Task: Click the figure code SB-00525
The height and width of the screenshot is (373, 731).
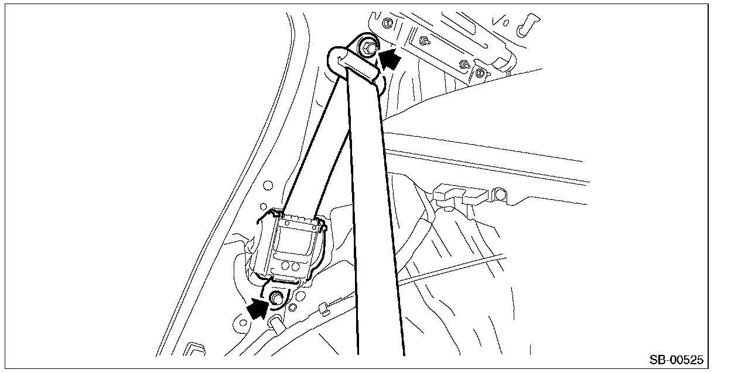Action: pyautogui.click(x=677, y=360)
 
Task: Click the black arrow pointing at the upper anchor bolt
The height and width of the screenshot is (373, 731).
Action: pyautogui.click(x=390, y=59)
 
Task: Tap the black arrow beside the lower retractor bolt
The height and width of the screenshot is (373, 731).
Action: pyautogui.click(x=258, y=309)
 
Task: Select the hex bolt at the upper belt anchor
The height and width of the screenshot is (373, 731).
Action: pyautogui.click(x=369, y=48)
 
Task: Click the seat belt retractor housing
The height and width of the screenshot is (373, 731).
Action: pyautogui.click(x=290, y=247)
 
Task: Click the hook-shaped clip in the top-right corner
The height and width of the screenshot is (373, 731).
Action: pyautogui.click(x=527, y=25)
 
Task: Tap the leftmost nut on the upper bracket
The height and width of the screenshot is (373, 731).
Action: pyautogui.click(x=387, y=23)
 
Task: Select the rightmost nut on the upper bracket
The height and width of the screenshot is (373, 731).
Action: pyautogui.click(x=479, y=72)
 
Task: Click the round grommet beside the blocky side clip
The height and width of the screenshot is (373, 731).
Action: pyautogui.click(x=500, y=195)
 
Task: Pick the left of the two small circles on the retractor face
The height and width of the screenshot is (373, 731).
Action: pyautogui.click(x=285, y=265)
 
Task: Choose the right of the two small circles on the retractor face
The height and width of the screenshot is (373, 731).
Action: pyautogui.click(x=296, y=267)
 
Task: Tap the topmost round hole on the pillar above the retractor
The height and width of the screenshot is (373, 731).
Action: pyautogui.click(x=268, y=185)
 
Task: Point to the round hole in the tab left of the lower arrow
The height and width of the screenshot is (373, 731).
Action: pyautogui.click(x=243, y=323)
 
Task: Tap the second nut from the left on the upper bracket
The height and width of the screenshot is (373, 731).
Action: pyautogui.click(x=425, y=42)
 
